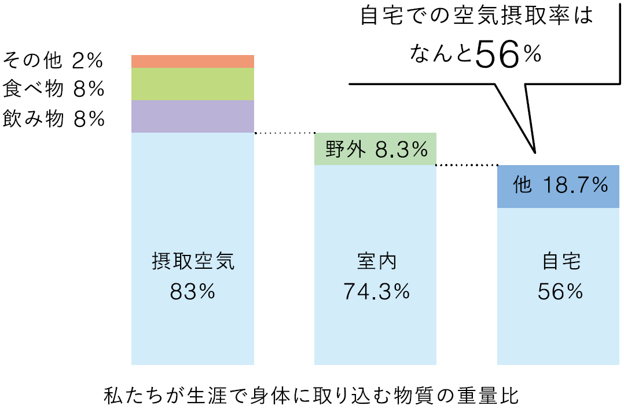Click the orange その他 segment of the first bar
(193, 61)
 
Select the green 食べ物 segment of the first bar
(193, 84)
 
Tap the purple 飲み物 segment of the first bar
(193, 116)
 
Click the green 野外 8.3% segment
(375, 149)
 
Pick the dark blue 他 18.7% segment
(559, 186)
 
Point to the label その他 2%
(53, 60)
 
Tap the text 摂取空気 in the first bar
(193, 262)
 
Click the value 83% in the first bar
(193, 292)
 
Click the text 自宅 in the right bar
(560, 262)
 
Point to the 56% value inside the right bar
(560, 292)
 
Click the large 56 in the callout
(497, 56)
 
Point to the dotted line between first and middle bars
(284, 133)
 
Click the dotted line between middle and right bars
(467, 165)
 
